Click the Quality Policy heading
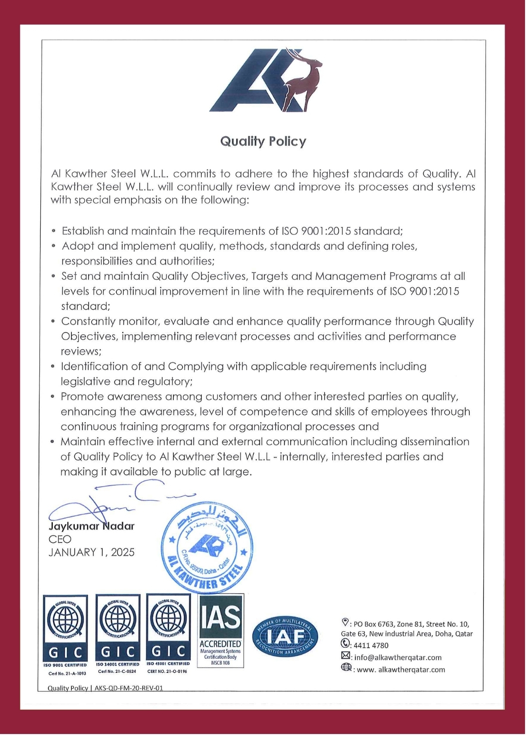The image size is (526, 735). coord(263,141)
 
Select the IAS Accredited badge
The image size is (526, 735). coord(221,631)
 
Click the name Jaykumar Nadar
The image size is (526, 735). coord(91,526)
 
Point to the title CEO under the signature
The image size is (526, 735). coord(60,539)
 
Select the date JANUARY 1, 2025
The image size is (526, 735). coord(91,552)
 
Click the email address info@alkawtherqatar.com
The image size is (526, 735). coord(397,657)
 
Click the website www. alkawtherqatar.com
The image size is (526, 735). coord(401,670)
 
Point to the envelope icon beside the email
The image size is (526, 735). coord(345,656)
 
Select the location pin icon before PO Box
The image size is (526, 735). coord(345,622)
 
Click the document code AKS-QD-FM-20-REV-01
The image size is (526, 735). coord(129,688)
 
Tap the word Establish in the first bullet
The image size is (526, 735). coord(83,231)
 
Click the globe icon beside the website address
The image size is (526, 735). coord(346,668)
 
